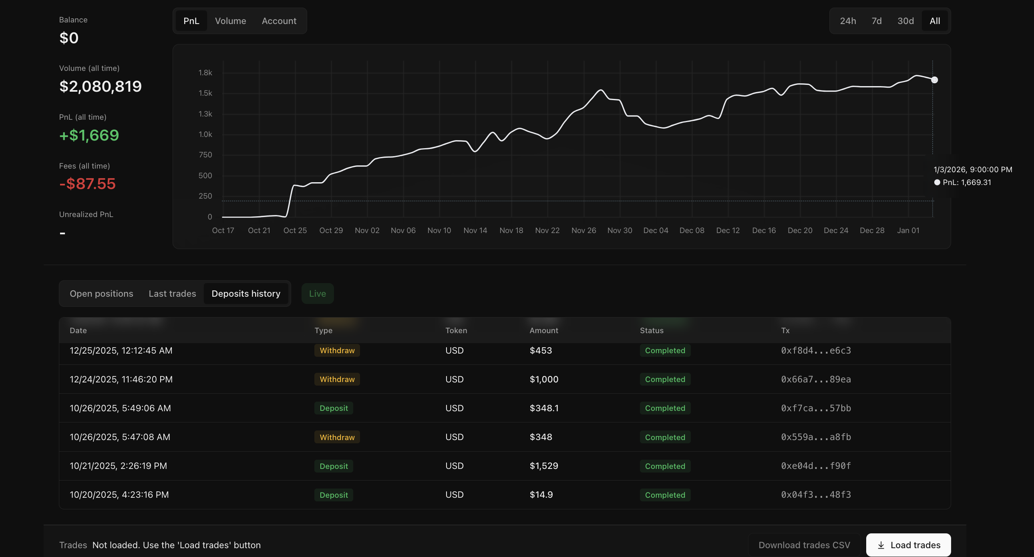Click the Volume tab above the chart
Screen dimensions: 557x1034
[x=230, y=21]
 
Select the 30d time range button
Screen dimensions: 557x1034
[x=905, y=21]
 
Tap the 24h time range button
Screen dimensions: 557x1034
[x=848, y=21]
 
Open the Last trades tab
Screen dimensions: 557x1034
[x=172, y=294]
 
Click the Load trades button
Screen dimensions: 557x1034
[x=908, y=545]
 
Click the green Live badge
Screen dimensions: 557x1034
[x=317, y=294]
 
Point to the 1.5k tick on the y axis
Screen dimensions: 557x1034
[x=205, y=93]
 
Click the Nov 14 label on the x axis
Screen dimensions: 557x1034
[x=475, y=230]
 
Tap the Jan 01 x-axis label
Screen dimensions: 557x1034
[x=908, y=230]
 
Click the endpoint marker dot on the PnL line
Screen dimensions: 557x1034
[x=934, y=80]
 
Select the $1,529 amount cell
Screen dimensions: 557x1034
[x=543, y=466]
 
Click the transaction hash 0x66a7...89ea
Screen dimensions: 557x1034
[x=816, y=379]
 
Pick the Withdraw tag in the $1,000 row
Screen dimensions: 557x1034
[x=337, y=379]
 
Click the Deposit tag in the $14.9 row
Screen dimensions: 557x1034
[x=334, y=495]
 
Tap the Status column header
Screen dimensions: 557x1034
[x=652, y=330]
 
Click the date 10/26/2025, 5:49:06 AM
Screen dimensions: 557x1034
[x=120, y=408]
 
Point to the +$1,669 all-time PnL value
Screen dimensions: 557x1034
[x=89, y=135]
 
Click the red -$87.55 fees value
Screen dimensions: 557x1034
[x=87, y=184]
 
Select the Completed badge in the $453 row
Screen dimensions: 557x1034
[x=665, y=350]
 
